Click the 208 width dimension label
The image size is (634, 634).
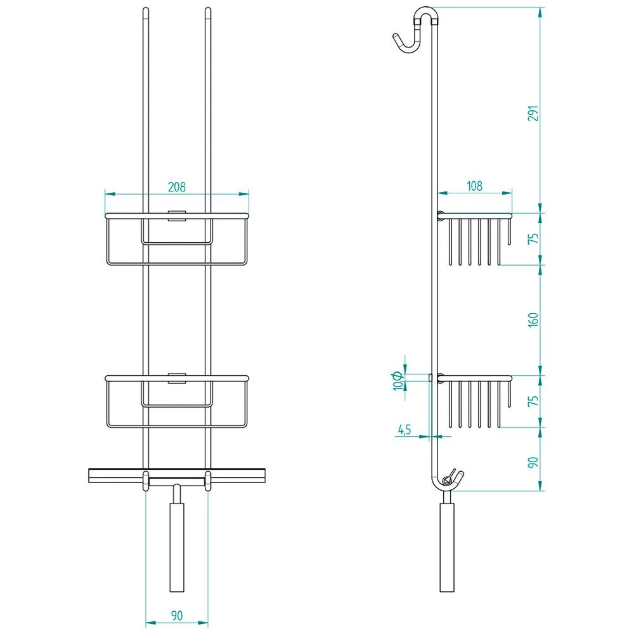(x=176, y=187)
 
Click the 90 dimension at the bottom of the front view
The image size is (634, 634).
(x=176, y=615)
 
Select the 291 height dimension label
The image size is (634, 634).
(x=533, y=113)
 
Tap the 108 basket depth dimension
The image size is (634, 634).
(x=474, y=186)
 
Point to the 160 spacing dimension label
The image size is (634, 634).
(x=533, y=320)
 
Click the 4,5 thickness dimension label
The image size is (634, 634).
(x=404, y=430)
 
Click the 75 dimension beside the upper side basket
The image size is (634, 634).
(x=533, y=239)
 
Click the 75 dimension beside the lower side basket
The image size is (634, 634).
(x=533, y=401)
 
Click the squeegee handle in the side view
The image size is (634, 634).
(x=447, y=545)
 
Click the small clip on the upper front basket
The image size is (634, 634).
(x=176, y=215)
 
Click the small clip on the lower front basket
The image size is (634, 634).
(x=176, y=379)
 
